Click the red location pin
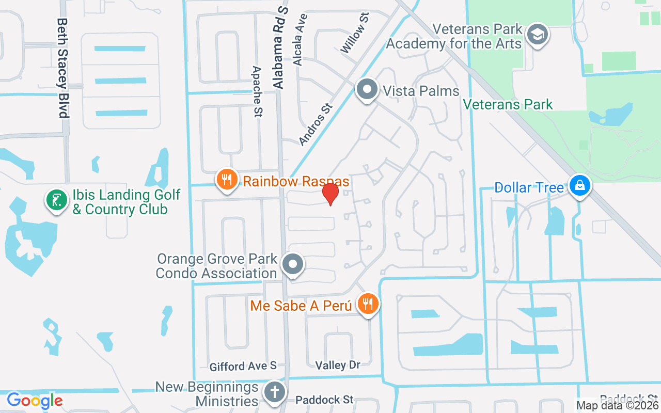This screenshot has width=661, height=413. click(x=330, y=194)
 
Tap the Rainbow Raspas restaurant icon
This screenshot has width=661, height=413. click(x=226, y=180)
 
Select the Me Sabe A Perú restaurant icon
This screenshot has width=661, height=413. click(x=367, y=304)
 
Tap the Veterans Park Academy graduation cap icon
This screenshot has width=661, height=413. click(x=538, y=35)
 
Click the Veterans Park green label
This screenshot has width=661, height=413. click(x=508, y=105)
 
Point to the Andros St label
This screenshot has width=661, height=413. click(x=316, y=124)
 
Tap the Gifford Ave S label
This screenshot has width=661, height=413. click(x=243, y=367)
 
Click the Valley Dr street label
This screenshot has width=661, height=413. click(x=338, y=365)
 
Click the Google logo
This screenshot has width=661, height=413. click(x=35, y=400)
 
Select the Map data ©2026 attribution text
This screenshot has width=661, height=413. click(x=617, y=406)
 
